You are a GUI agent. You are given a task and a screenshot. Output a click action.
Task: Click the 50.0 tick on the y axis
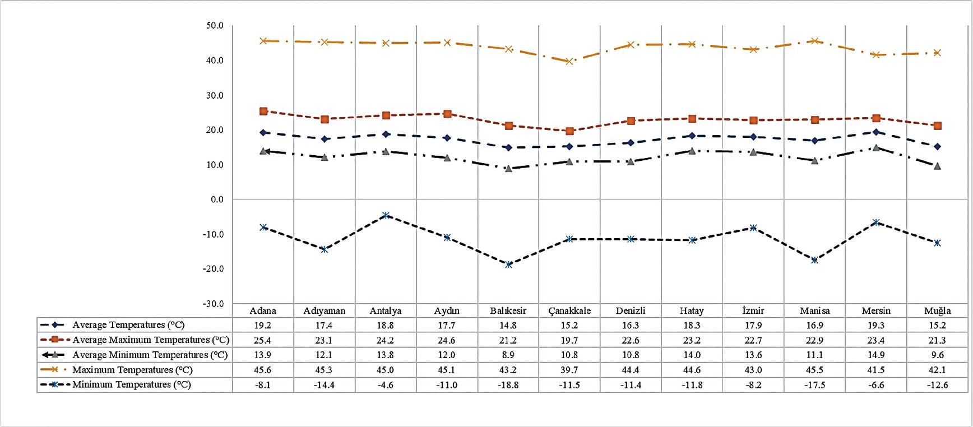point(215,26)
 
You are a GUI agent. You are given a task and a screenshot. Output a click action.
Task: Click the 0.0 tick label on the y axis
point(216,199)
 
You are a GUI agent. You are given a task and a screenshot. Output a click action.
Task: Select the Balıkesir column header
point(508,311)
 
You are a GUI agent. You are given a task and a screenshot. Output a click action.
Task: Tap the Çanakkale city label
point(569,311)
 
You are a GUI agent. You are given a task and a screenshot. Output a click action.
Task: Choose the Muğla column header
point(937,311)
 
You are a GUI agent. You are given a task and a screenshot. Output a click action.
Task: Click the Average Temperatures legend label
point(128,325)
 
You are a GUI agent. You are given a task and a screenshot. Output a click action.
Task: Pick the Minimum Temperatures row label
point(132,385)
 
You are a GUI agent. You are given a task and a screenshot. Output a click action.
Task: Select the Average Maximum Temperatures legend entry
point(151,340)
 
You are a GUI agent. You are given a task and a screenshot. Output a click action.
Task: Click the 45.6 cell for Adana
point(262,370)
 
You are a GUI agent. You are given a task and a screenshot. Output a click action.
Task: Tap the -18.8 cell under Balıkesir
point(508,386)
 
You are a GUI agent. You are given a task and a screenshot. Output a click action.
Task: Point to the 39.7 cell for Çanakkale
point(569,370)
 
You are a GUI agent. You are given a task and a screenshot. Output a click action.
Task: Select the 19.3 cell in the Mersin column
point(876,326)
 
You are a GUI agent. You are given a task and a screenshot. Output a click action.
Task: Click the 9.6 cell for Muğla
point(937,355)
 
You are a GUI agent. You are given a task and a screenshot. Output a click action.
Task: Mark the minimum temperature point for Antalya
point(386,216)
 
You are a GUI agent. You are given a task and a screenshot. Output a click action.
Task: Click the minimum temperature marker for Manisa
point(814,260)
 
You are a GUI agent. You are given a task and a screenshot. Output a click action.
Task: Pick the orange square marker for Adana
point(263,112)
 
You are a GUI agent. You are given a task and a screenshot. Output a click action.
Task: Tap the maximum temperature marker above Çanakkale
point(569,61)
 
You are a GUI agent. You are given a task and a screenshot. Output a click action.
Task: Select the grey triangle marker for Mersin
point(876,148)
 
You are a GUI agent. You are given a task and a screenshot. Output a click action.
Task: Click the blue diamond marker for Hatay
point(692,136)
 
